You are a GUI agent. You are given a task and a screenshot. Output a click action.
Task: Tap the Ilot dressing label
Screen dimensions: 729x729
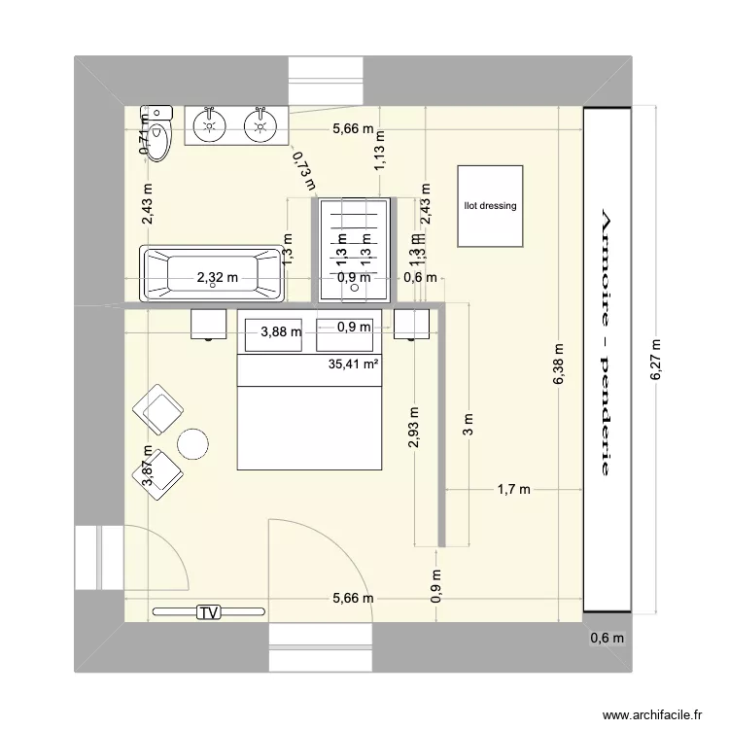tap(491, 206)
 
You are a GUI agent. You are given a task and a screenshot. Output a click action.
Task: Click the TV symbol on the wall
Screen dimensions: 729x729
tap(207, 611)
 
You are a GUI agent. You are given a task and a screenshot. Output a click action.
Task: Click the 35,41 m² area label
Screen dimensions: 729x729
tap(354, 365)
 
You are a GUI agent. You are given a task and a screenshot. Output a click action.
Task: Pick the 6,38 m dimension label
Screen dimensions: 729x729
tap(558, 364)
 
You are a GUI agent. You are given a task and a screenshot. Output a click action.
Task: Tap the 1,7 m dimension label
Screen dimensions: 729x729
tap(513, 489)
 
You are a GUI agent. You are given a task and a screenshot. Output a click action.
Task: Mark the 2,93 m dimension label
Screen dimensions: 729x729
tap(415, 428)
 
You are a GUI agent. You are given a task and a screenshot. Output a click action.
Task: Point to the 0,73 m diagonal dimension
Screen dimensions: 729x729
tap(304, 161)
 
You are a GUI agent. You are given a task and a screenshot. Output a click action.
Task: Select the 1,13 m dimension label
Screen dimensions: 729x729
tap(379, 152)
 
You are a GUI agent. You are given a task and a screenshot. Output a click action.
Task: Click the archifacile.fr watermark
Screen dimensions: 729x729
tap(651, 713)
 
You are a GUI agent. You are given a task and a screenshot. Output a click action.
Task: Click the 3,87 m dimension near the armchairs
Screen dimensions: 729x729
tap(148, 465)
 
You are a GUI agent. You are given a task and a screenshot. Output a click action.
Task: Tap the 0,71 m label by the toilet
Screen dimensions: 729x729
tap(145, 136)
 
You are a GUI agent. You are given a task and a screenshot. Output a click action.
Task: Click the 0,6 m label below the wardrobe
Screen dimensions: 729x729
tap(607, 639)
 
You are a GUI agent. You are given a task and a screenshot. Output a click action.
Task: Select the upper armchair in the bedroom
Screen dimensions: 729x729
tap(161, 408)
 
